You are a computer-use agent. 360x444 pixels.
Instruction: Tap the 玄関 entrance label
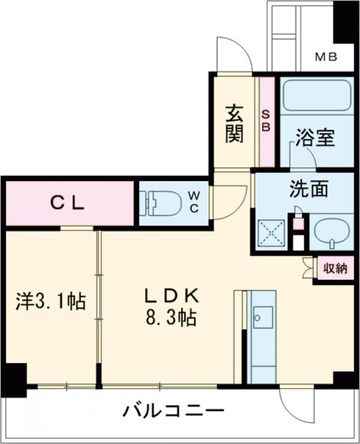[x=235, y=124]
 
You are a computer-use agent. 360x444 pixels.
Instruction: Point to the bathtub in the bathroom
[x=316, y=95]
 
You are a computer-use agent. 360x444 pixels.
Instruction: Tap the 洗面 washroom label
[x=308, y=190]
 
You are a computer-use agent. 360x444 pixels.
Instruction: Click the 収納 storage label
[x=335, y=268]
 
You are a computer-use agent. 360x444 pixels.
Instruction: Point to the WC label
[x=195, y=201]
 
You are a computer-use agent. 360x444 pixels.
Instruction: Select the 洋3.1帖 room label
[x=50, y=301]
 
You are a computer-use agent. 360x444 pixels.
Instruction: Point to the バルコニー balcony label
[x=174, y=412]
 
